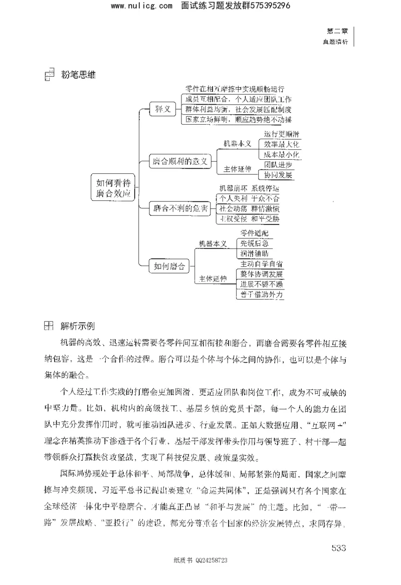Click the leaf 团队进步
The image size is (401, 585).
click(x=276, y=165)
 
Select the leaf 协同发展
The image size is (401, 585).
click(x=276, y=175)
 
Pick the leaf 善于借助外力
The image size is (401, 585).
click(x=261, y=295)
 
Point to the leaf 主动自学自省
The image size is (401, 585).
click(x=261, y=264)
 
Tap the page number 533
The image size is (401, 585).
click(x=339, y=547)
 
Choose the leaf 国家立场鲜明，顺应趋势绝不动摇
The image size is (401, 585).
click(x=238, y=119)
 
